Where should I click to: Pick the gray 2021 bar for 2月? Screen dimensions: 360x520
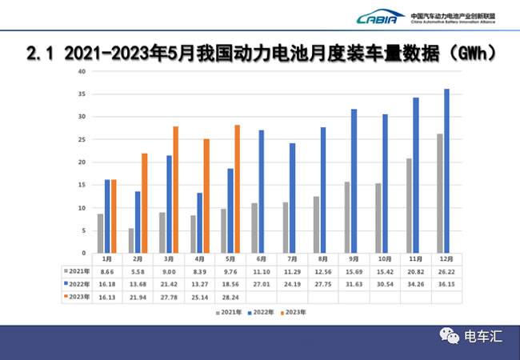[131, 240]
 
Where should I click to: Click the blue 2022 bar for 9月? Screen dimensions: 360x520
[354, 181]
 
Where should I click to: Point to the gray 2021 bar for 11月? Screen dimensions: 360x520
[410, 206]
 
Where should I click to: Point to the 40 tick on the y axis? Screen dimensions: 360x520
[81, 71]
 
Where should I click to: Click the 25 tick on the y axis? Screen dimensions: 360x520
[81, 139]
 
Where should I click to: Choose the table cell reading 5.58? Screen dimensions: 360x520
[138, 271]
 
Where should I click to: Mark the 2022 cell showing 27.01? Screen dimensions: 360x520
[261, 282]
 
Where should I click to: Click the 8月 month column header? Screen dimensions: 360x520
[322, 259]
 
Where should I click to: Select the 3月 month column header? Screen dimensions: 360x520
[168, 259]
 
